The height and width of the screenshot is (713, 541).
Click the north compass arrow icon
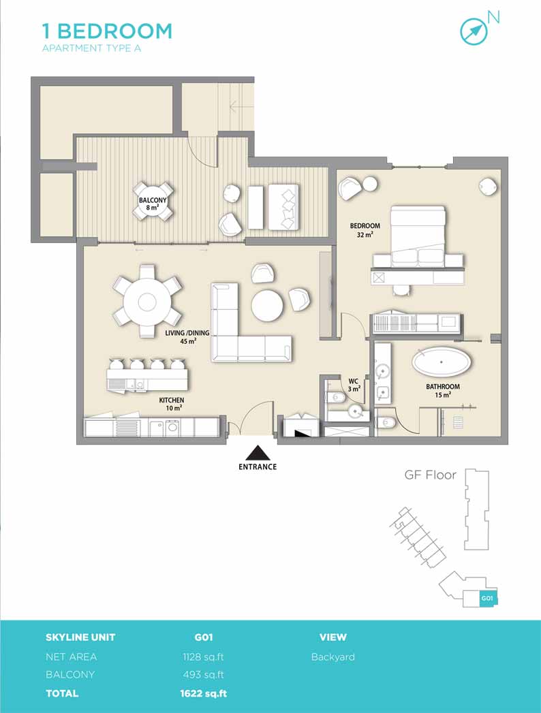coord(474,31)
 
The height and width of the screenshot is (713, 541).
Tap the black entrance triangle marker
coord(258,453)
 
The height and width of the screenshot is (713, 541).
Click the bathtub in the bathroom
coord(442,362)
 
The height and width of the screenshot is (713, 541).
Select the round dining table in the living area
coord(147,302)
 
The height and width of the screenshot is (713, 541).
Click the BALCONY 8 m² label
coord(153,204)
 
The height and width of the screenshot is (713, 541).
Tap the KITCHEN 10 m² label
coord(172,404)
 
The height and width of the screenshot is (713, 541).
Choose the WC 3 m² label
coord(354,385)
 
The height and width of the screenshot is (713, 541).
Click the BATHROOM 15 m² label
coord(443,391)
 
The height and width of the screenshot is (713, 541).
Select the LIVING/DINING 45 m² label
coord(187,336)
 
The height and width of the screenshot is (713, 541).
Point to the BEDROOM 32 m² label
coord(365,230)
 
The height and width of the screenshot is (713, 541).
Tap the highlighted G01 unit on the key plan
coord(487,598)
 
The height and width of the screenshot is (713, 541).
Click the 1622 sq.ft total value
coord(204,693)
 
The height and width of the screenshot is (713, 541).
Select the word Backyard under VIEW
coord(333,657)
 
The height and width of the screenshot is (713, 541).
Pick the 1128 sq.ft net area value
coord(203,657)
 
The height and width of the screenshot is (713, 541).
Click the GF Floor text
coord(430,475)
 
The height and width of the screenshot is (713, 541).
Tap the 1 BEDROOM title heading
coord(108,31)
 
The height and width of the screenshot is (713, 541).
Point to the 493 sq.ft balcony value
coord(204,675)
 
